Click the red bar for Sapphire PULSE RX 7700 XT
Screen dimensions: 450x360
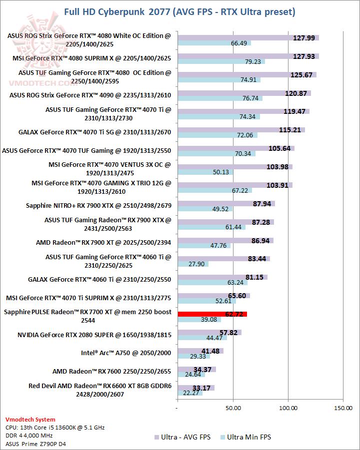pos(212,314)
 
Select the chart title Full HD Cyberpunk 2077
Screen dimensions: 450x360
pos(179,11)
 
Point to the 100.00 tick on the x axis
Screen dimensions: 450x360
pos(288,408)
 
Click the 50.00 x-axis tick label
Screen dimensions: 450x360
pos(232,408)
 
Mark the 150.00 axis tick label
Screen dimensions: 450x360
pos(343,408)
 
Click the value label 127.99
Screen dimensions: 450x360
pos(304,38)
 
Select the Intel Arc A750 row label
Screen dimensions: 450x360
pos(126,353)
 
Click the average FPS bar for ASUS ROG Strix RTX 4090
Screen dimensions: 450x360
pos(244,93)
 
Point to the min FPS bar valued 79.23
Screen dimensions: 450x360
pos(221,62)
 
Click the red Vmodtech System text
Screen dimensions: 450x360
pos(30,420)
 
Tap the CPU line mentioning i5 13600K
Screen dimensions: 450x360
pos(55,428)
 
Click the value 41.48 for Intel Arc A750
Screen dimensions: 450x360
pos(210,351)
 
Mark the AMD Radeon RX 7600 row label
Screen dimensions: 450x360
pos(112,371)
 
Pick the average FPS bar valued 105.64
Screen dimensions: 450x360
pos(235,148)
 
